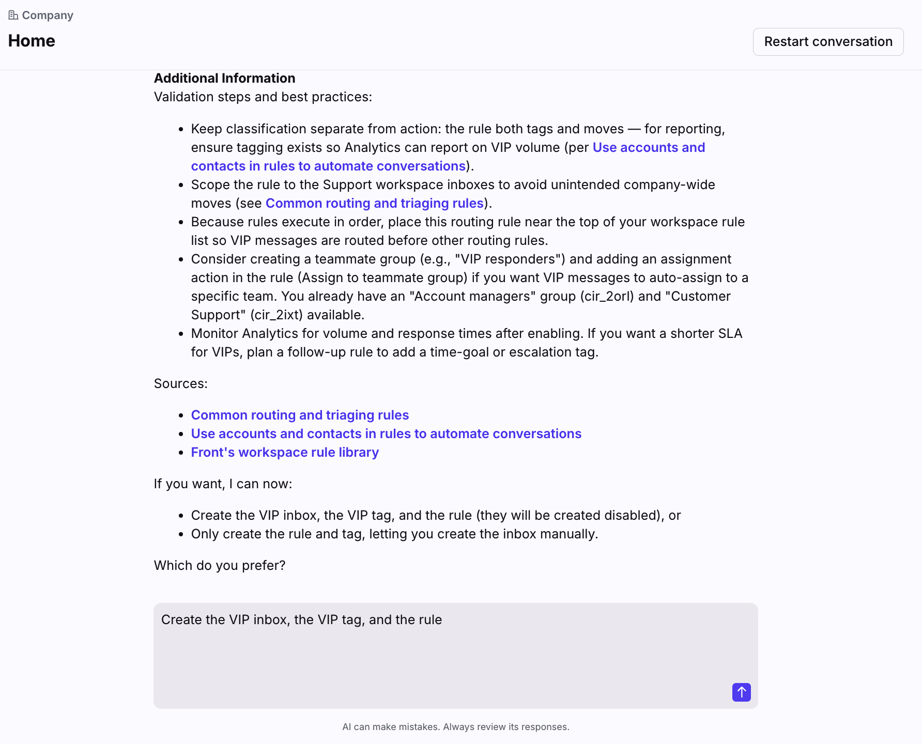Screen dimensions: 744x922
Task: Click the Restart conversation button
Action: tap(828, 42)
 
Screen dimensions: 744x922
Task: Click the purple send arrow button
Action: tap(741, 692)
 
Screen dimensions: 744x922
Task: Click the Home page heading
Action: tap(32, 41)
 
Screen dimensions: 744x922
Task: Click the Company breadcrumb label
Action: tap(48, 16)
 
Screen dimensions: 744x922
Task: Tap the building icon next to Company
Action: tap(13, 16)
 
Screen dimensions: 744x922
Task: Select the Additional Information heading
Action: tap(224, 78)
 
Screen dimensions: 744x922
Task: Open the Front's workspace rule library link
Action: tap(285, 452)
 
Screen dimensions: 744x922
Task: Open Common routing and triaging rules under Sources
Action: tap(300, 415)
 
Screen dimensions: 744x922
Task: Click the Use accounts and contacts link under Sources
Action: tap(386, 433)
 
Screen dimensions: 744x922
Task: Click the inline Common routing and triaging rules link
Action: tap(374, 203)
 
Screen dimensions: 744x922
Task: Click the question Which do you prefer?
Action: tap(220, 565)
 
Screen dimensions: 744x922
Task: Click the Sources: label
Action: tap(180, 383)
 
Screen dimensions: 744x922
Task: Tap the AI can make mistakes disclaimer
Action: tap(455, 726)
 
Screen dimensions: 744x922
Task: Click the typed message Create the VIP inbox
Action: tap(301, 619)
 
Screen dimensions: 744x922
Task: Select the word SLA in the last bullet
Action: tap(730, 333)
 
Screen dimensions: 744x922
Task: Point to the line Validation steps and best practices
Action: tap(263, 97)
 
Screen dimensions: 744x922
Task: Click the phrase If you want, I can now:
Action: tap(223, 484)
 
